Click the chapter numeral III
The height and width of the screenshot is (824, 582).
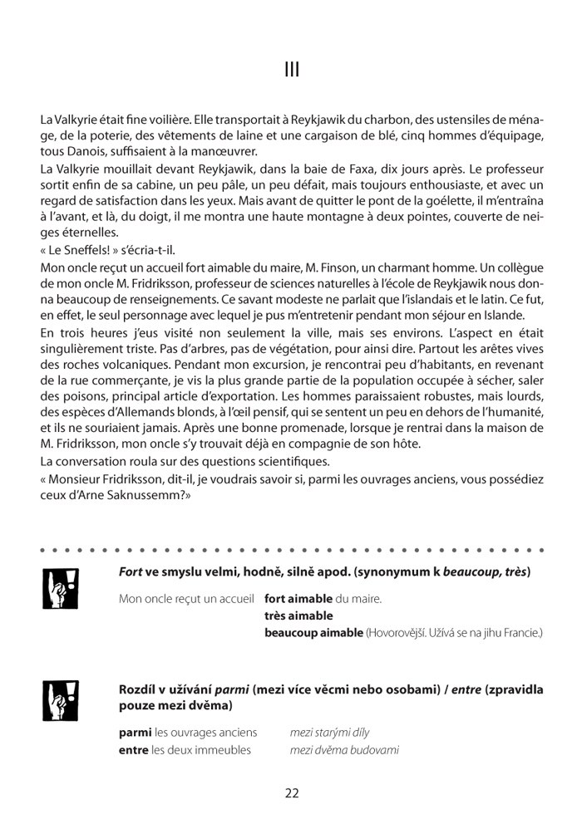click(x=291, y=70)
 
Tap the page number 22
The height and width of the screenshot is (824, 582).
click(x=291, y=792)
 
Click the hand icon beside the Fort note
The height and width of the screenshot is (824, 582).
click(x=54, y=588)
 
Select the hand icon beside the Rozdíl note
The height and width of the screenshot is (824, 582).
click(x=54, y=699)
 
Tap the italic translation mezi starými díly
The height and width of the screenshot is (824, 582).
click(x=329, y=733)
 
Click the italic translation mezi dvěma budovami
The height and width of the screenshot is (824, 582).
click(x=344, y=750)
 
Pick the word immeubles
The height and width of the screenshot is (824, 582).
click(x=223, y=750)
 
